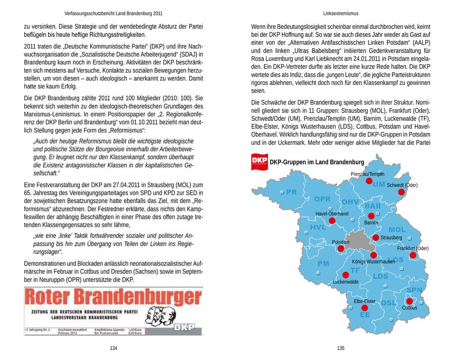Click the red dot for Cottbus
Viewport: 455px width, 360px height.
tap(409, 301)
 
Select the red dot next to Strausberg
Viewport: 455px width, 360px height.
tap(376, 237)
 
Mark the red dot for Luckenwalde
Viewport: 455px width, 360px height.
tap(346, 275)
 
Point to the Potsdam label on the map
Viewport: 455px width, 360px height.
tap(341, 243)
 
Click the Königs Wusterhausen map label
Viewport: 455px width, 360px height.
tap(373, 261)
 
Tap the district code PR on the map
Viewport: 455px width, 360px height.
tap(291, 192)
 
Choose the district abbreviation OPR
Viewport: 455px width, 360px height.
tap(323, 199)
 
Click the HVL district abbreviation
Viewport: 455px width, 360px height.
tap(318, 228)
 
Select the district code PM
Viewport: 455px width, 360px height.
tap(323, 263)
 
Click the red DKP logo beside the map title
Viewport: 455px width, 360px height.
tap(259, 161)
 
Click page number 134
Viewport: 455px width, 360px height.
tap(114, 348)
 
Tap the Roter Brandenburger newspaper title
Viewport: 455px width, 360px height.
tap(106, 298)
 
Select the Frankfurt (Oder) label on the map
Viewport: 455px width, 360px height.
tap(413, 248)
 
